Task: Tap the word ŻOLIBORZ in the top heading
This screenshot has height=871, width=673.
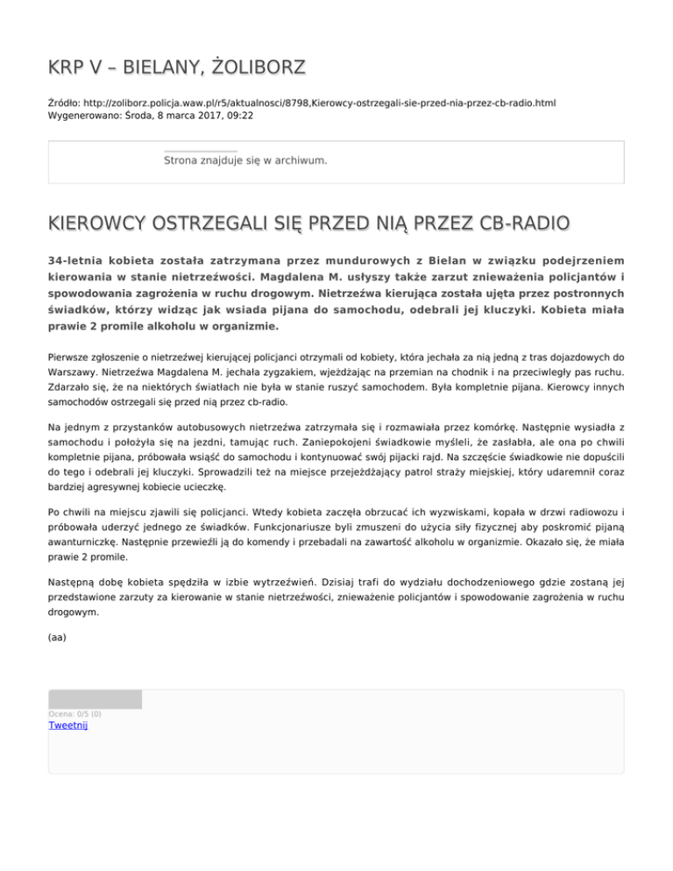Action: click(x=260, y=67)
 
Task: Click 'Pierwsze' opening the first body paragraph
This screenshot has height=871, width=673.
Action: click(x=71, y=358)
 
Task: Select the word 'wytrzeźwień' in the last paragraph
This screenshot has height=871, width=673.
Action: click(x=356, y=582)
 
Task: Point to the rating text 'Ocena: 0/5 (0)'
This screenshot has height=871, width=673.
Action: click(x=74, y=714)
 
